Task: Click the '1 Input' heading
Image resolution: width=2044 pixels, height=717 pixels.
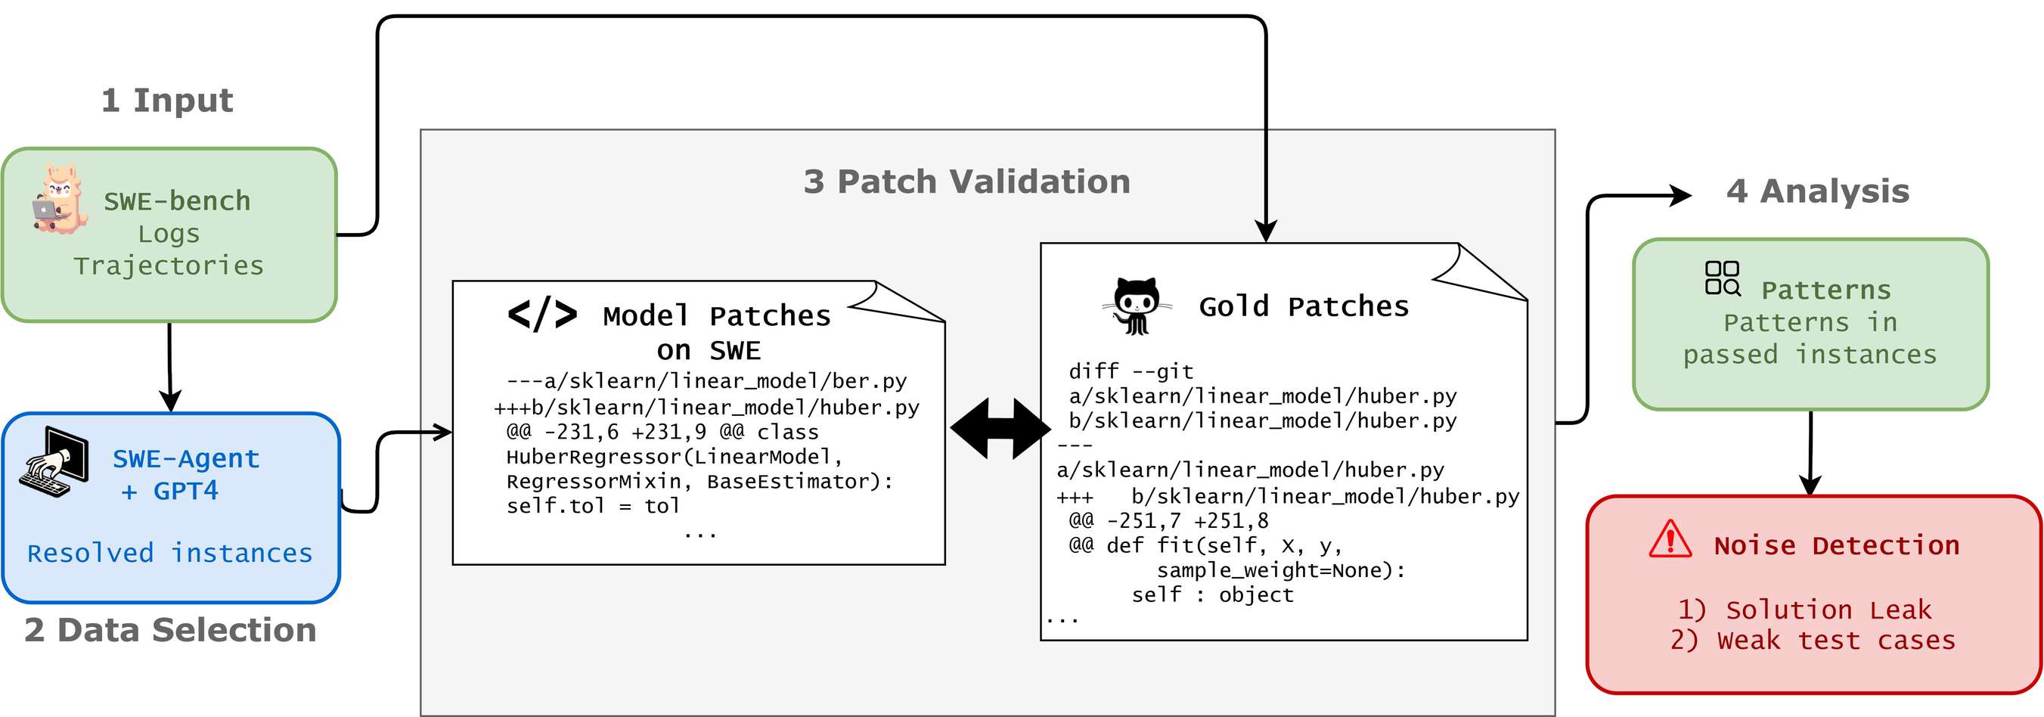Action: (x=167, y=101)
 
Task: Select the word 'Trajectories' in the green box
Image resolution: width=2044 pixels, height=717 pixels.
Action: (x=168, y=265)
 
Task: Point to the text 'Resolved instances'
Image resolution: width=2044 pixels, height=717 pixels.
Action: (x=170, y=553)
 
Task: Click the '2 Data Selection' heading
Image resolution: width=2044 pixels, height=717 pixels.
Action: (x=170, y=630)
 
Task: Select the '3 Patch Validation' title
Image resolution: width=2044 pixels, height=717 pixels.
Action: (x=966, y=182)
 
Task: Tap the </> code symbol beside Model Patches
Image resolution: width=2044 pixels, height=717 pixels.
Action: (x=542, y=315)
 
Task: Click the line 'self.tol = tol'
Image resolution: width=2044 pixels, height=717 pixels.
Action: (x=593, y=506)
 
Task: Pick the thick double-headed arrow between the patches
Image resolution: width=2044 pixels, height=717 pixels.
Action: (x=1000, y=429)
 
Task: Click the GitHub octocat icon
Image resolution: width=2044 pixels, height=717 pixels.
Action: (x=1137, y=306)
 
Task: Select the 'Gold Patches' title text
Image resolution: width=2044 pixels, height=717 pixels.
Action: (x=1303, y=306)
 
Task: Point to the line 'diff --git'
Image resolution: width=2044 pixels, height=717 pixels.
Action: (x=1131, y=371)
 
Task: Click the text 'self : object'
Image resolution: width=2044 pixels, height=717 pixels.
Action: (x=1211, y=594)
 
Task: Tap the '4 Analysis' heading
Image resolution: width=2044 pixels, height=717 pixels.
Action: (x=1817, y=191)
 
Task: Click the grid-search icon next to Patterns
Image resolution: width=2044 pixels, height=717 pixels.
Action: (x=1722, y=278)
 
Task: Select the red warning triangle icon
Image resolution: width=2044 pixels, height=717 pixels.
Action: (x=1670, y=540)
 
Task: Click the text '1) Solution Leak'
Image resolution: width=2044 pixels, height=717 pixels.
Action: (x=1804, y=610)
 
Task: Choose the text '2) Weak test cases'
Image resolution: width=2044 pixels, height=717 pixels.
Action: (x=1813, y=640)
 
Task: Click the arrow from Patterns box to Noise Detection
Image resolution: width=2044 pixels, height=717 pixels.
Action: (x=1810, y=452)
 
